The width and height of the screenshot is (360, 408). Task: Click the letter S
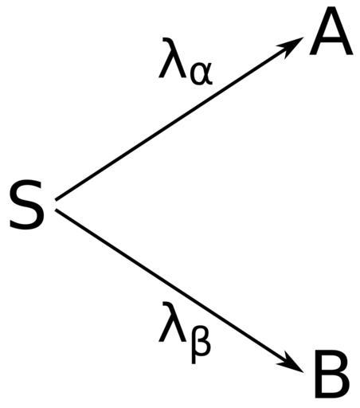(x=26, y=204)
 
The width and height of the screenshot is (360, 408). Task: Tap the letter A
(x=331, y=30)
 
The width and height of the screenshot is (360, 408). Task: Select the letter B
(x=332, y=374)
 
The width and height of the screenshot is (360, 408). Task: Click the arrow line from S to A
(x=179, y=119)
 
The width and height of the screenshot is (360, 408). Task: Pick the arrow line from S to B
(x=179, y=291)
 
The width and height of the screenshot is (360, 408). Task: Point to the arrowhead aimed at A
(x=291, y=45)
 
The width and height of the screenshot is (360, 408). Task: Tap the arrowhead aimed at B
(x=291, y=363)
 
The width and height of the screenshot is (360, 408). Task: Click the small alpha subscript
(x=202, y=75)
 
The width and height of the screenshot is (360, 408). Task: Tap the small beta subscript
(x=201, y=344)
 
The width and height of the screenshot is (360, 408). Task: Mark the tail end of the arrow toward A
(x=56, y=199)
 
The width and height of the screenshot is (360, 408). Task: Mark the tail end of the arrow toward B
(x=56, y=210)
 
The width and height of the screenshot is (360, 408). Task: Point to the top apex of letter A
(x=331, y=8)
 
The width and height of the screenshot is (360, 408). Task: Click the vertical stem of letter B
(x=319, y=374)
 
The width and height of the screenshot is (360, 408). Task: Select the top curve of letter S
(x=27, y=185)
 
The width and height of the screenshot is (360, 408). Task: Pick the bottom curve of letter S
(x=26, y=225)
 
